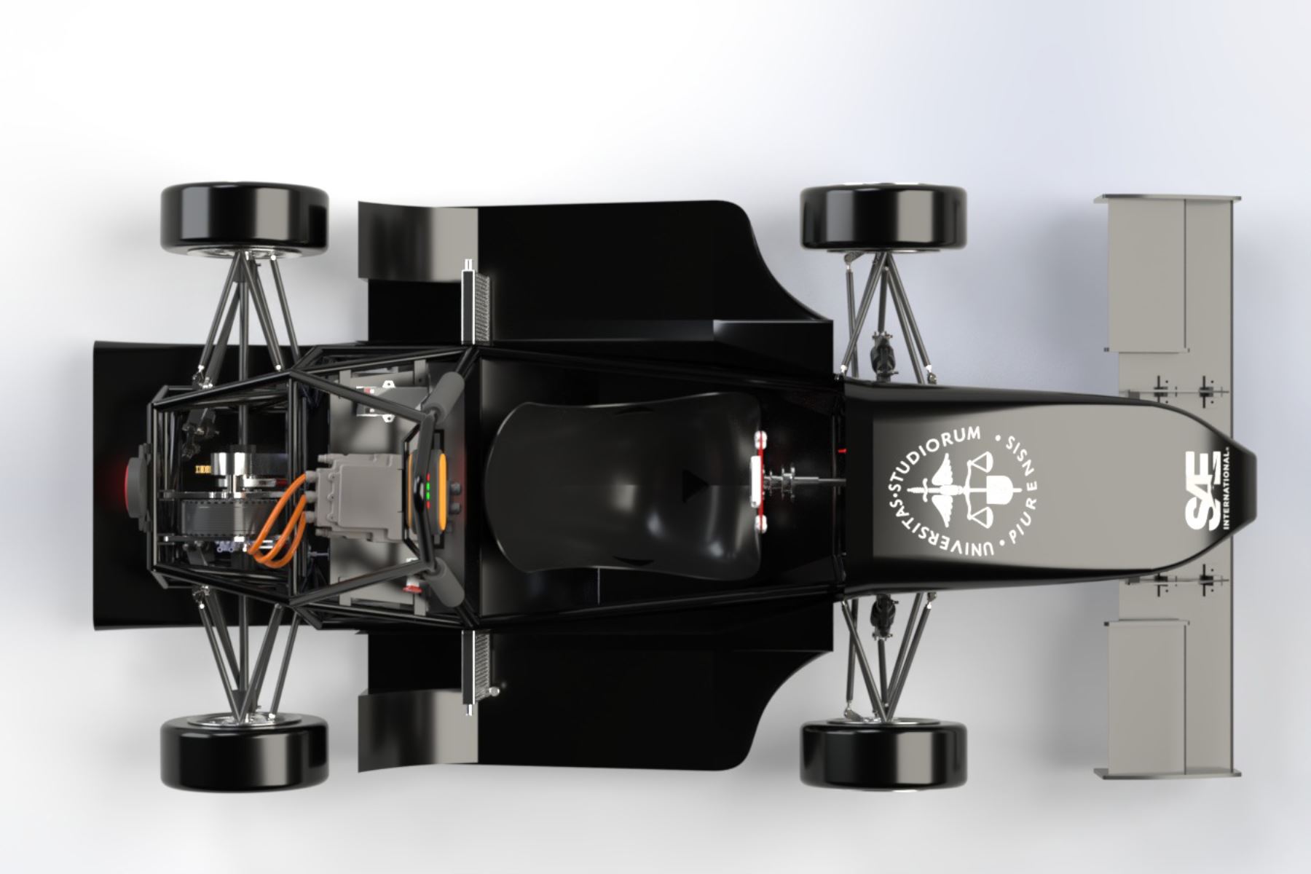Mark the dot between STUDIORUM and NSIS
click(x=998, y=435)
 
